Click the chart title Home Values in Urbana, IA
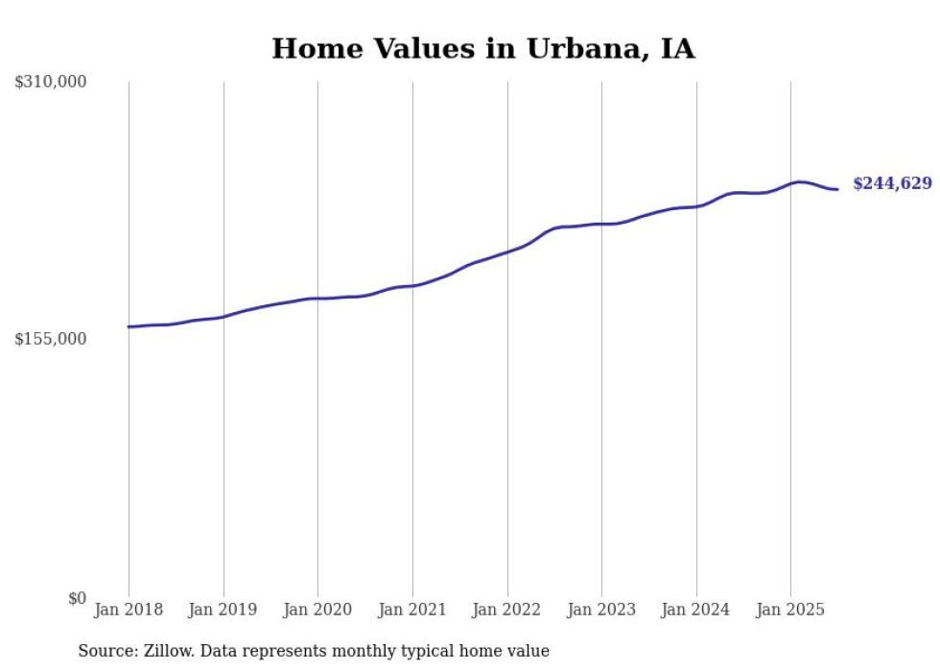click(x=482, y=48)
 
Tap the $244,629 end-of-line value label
click(x=891, y=183)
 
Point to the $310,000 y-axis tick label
click(x=51, y=83)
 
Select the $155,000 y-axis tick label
click(x=51, y=339)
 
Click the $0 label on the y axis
click(x=77, y=598)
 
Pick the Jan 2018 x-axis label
click(x=129, y=610)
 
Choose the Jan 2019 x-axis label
click(x=223, y=610)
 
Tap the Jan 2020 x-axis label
click(x=317, y=610)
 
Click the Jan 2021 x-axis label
click(x=412, y=610)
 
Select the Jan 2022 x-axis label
click(x=507, y=610)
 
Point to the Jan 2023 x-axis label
click(x=601, y=610)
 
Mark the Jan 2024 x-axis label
click(x=696, y=610)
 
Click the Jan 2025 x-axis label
click(x=790, y=610)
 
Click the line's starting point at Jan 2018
click(x=129, y=326)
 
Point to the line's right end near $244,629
click(x=837, y=189)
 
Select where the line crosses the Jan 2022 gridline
click(x=507, y=252)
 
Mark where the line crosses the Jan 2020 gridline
click(x=317, y=299)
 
